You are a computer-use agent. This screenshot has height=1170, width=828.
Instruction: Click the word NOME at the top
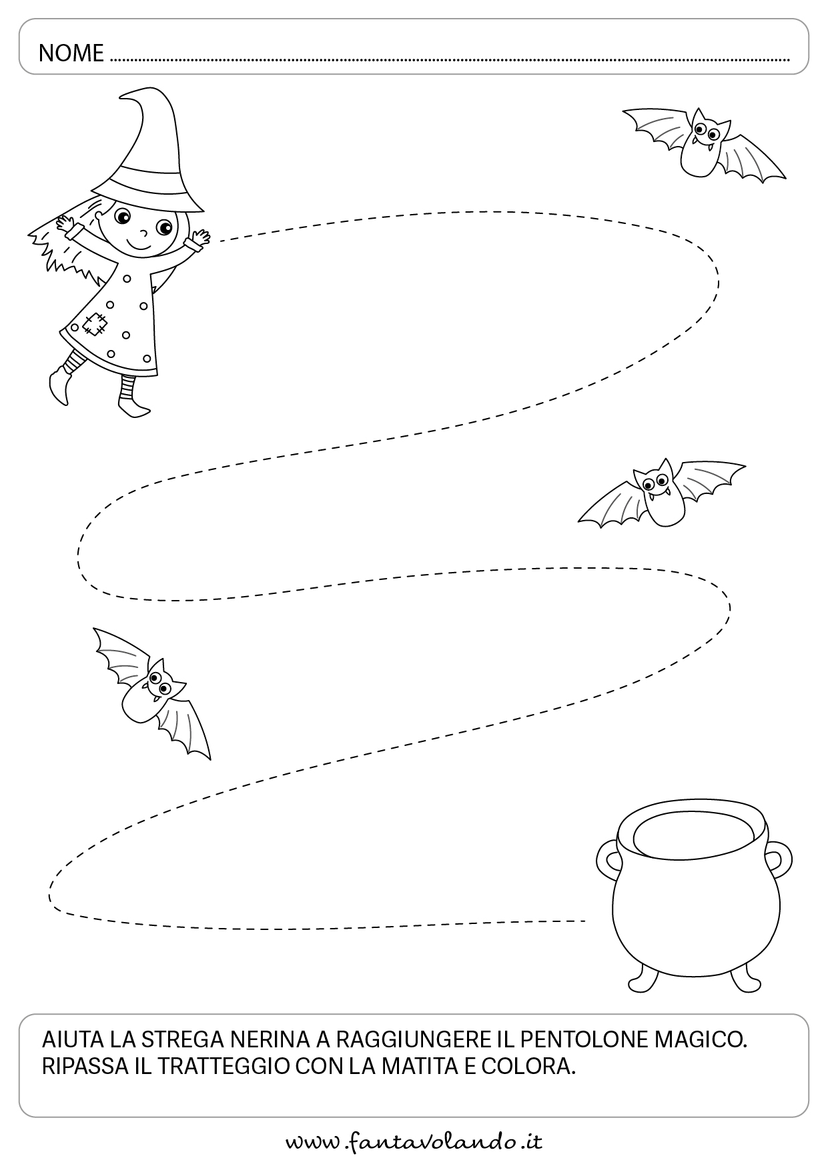coord(71,53)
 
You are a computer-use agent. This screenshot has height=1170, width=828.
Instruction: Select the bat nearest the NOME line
coord(704,143)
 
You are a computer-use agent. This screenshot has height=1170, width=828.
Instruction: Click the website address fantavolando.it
coord(414,1142)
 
